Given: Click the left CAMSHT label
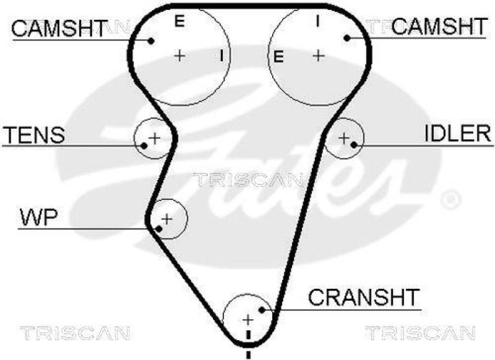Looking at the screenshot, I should point(59,27).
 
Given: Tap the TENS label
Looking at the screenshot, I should point(35,135).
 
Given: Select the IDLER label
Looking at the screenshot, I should point(458,133).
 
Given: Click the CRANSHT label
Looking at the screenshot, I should point(364,297).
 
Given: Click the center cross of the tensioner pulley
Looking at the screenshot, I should point(154,136).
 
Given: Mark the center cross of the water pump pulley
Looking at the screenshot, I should point(166,218).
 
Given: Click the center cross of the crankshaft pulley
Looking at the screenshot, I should point(247,320).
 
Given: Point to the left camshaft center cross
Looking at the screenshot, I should point(179,56).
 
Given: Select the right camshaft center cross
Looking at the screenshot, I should point(318,56).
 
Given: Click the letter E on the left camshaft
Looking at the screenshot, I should point(179,22).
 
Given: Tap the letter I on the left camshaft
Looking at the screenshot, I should point(221,56).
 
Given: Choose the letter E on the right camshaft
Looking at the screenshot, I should point(278,58).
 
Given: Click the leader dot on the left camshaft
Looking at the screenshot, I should point(150,40).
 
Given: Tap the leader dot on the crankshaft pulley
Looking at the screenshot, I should point(263,309).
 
